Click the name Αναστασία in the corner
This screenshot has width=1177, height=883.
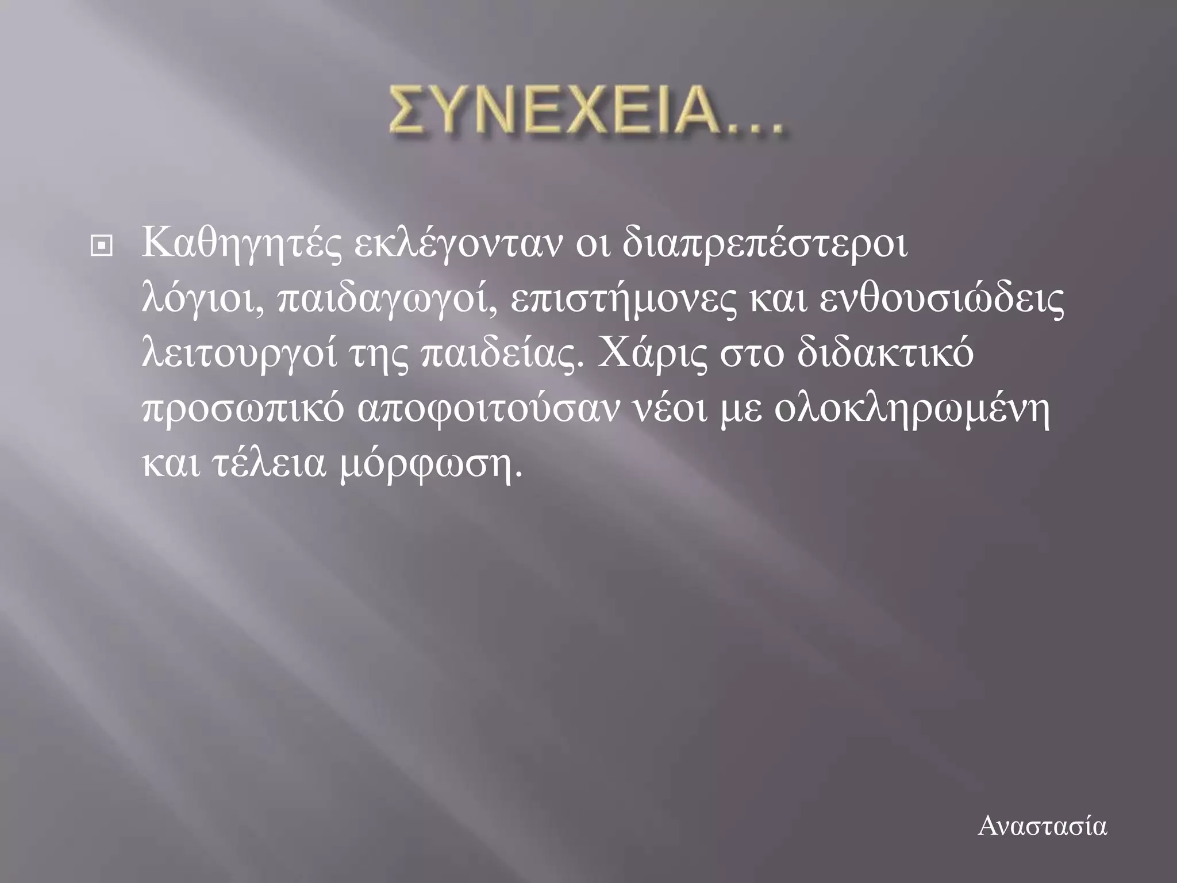[1042, 827]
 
